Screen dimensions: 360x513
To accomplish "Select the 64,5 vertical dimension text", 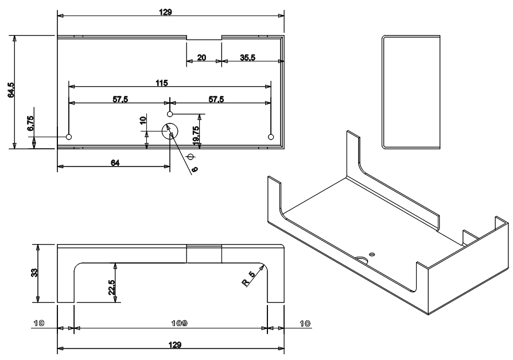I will (x=10, y=91).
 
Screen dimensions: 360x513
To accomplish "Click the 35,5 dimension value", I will (x=248, y=57).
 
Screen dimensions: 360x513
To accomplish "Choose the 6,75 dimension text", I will (x=31, y=125).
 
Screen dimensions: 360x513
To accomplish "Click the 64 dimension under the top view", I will (x=114, y=164).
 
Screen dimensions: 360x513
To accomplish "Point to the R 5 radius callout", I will (x=248, y=281).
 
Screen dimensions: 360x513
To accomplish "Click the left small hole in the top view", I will (x=69, y=137).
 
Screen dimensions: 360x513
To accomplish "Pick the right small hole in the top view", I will (x=271, y=136).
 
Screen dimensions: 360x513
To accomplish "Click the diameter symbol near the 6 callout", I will (x=191, y=157).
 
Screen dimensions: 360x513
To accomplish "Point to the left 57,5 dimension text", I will (x=120, y=99).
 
